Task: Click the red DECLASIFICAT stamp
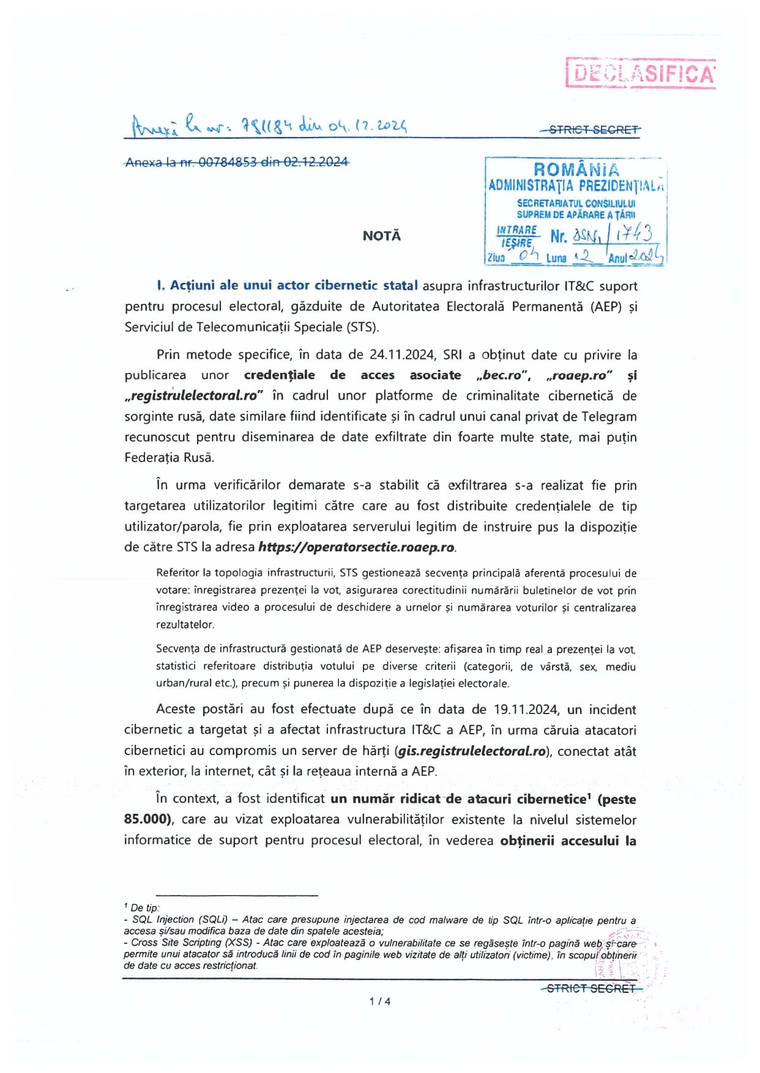pos(641,73)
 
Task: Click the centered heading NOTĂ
pos(381,236)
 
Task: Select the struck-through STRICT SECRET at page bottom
pos(592,988)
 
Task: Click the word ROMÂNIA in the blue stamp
pos(576,169)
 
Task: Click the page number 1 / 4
pos(380,1001)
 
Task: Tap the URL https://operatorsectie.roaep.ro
pos(357,547)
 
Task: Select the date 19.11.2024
pos(526,710)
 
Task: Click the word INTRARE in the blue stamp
pos(517,230)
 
